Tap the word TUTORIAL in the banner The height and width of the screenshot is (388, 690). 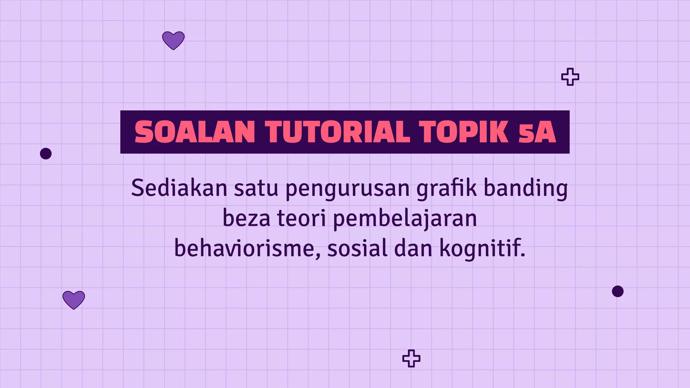338,132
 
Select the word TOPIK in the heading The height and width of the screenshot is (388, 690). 464,132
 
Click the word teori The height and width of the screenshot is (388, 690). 302,218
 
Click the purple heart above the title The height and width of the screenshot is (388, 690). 173,40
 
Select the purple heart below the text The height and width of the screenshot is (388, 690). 74,299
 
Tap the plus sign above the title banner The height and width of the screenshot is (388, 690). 570,77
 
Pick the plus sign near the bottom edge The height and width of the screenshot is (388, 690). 411,358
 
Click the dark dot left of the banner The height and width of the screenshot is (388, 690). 46,154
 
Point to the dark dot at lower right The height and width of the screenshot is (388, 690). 618,291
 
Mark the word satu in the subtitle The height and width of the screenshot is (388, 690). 256,188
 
